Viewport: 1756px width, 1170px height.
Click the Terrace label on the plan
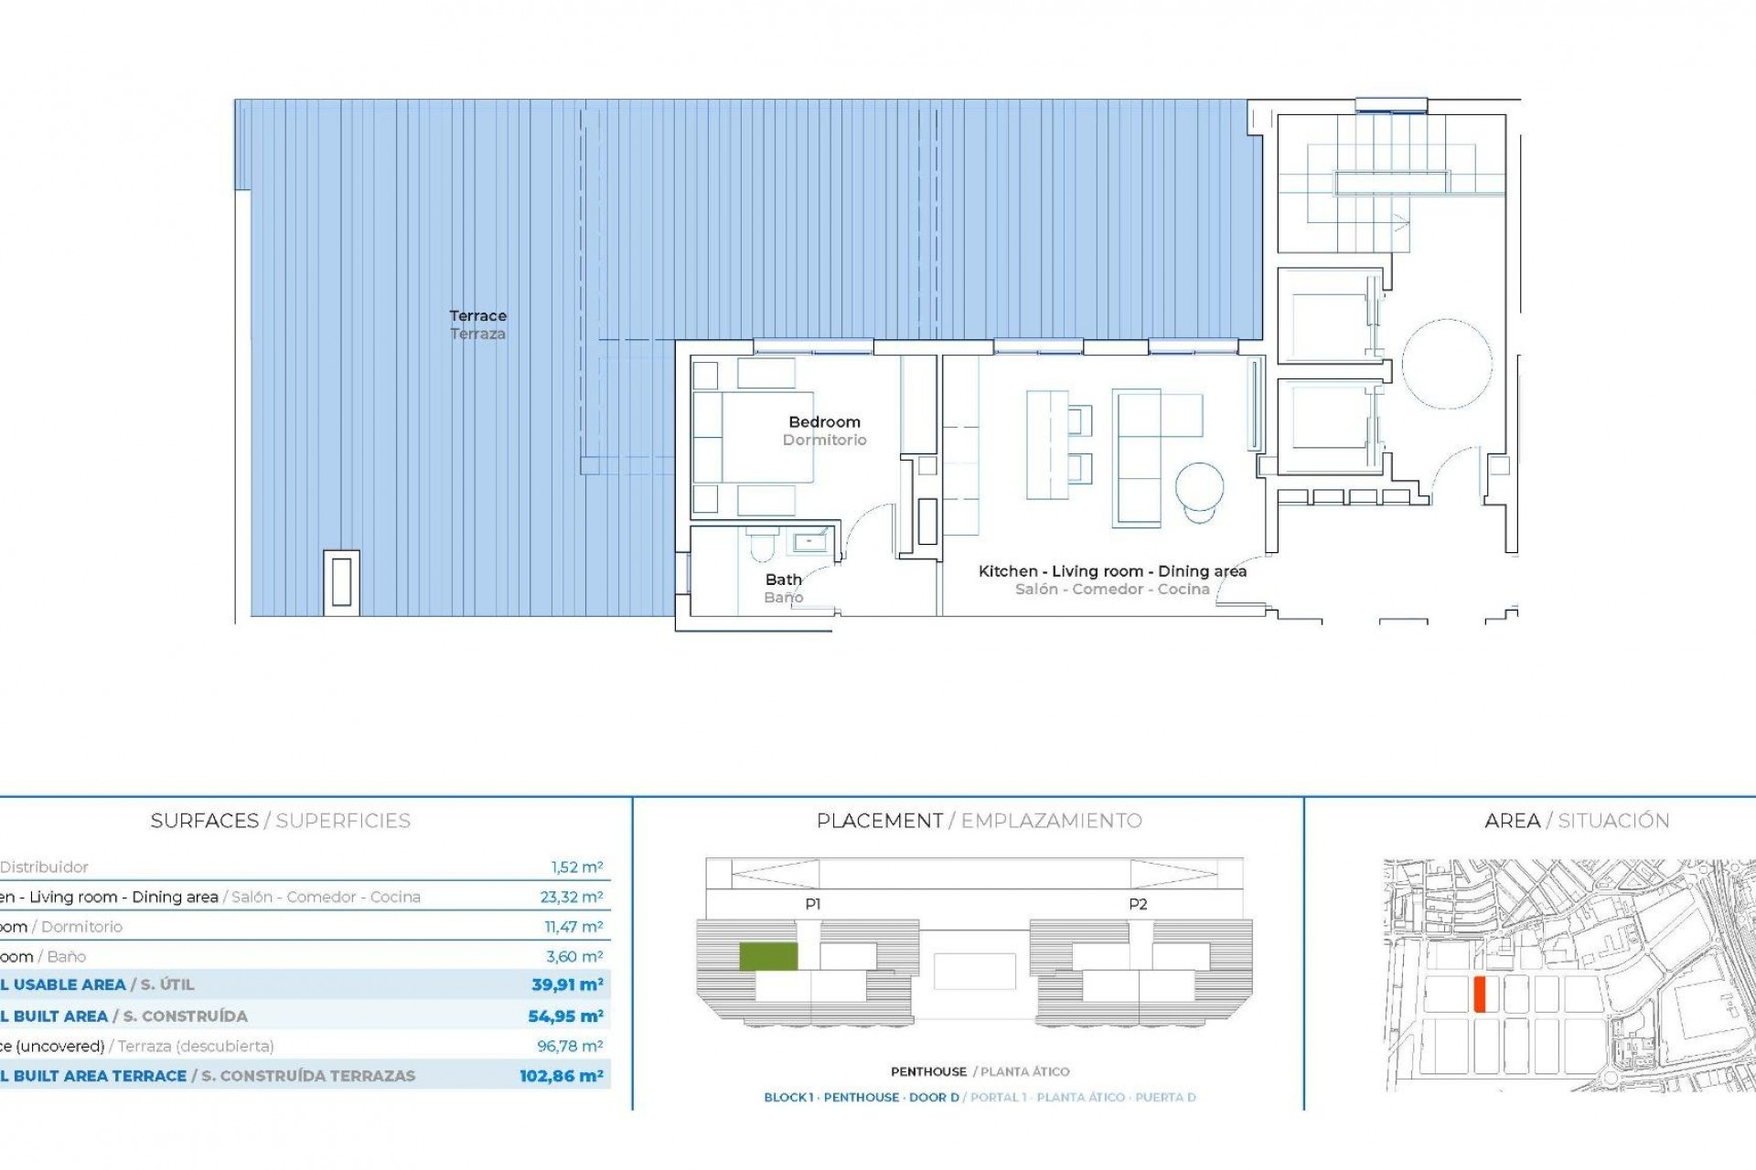(477, 316)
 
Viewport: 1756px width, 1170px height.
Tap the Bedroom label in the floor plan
(824, 422)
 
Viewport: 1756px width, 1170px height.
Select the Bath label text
(784, 580)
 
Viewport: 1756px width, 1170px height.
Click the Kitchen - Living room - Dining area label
(1112, 571)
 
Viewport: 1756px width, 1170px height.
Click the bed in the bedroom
(753, 436)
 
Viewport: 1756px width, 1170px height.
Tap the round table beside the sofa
(1199, 487)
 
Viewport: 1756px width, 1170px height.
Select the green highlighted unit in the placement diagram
(768, 956)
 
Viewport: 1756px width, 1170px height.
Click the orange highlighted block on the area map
(1480, 994)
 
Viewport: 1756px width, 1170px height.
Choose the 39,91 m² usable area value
(567, 984)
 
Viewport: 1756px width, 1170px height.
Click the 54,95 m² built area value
(565, 1016)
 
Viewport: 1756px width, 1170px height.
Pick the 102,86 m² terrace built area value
(561, 1076)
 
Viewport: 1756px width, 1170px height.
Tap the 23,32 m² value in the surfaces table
(572, 897)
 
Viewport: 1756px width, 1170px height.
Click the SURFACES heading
(204, 821)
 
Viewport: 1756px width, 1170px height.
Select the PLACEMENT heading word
(879, 821)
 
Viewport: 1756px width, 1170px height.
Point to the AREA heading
(1512, 821)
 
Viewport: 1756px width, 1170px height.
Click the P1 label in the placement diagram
(812, 904)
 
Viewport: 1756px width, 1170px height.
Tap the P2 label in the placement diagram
(1137, 904)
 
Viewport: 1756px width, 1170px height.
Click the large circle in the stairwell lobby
(1446, 364)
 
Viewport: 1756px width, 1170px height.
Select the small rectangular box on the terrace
(341, 582)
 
